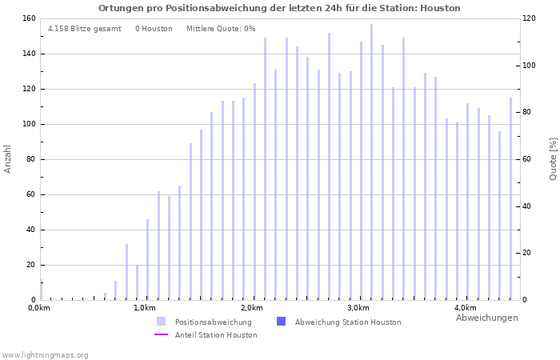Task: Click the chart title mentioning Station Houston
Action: (x=279, y=8)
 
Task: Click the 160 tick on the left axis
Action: (x=28, y=18)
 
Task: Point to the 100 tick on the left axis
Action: (x=28, y=124)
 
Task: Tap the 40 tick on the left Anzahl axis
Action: (x=30, y=230)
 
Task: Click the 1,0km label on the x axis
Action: (x=144, y=308)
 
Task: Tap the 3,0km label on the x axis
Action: (x=358, y=308)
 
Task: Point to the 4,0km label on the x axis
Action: (x=465, y=308)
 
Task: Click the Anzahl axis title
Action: (x=8, y=158)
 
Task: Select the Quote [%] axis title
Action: (x=553, y=158)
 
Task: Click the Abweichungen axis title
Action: (x=486, y=318)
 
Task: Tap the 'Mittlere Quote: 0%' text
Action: (x=221, y=29)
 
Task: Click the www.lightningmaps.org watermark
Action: (x=45, y=354)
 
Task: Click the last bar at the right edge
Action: (x=510, y=198)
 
